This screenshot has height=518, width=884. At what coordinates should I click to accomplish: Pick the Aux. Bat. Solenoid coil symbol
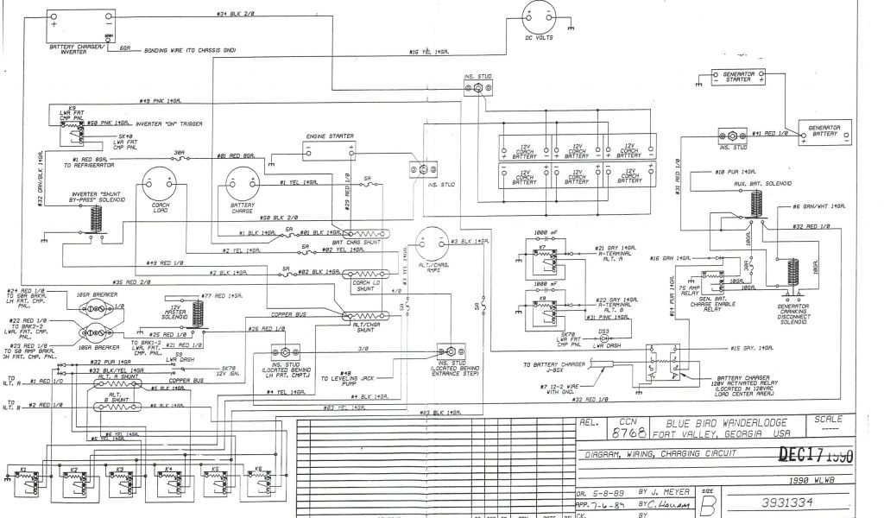[x=757, y=205]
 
